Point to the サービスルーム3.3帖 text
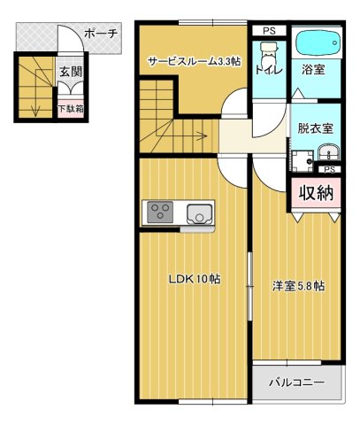pyautogui.click(x=193, y=62)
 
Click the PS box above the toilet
pyautogui.click(x=268, y=31)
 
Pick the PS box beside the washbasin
pyautogui.click(x=329, y=169)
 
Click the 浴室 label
pyautogui.click(x=314, y=69)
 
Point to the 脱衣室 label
pyautogui.click(x=314, y=127)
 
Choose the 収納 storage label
pyautogui.click(x=314, y=192)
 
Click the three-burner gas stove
pyautogui.click(x=161, y=212)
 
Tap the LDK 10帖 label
pyautogui.click(x=195, y=279)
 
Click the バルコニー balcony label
pyautogui.click(x=296, y=383)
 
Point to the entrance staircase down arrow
pyautogui.click(x=34, y=106)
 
